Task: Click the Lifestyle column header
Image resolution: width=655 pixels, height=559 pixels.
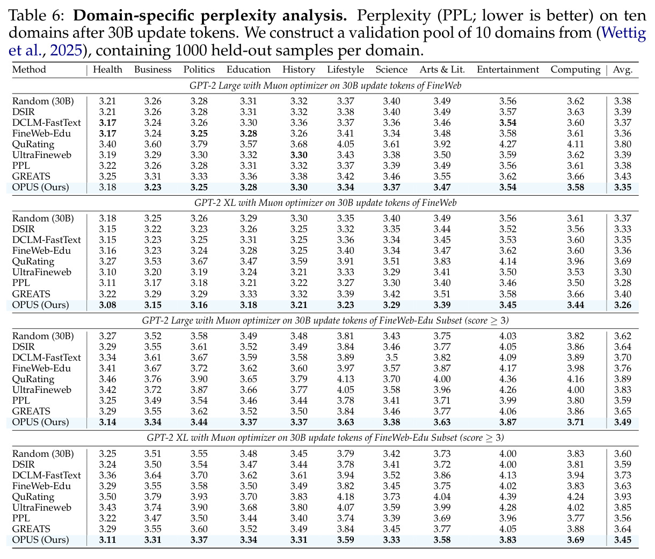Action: [x=345, y=69]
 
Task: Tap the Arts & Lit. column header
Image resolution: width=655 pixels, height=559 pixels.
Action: [x=442, y=69]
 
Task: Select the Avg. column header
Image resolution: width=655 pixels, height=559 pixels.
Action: [x=623, y=69]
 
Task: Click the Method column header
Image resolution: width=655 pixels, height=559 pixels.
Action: [x=29, y=69]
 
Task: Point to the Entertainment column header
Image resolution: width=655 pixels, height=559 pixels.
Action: [x=508, y=69]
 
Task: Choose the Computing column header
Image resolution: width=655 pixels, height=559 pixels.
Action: [x=576, y=69]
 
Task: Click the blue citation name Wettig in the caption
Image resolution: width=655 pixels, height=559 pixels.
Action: [x=623, y=33]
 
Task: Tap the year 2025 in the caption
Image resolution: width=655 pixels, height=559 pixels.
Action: [x=66, y=51]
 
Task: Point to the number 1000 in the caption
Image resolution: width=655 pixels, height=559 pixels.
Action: [x=191, y=51]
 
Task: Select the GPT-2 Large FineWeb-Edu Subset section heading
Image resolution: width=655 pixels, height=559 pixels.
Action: [x=325, y=320]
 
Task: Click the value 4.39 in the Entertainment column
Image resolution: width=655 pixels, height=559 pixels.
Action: [x=508, y=497]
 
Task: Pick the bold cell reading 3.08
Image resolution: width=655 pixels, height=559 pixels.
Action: [x=107, y=305]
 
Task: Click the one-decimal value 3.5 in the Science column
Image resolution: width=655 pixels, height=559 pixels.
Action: [x=391, y=357]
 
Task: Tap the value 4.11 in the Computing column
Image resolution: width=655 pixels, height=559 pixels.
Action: [x=576, y=145]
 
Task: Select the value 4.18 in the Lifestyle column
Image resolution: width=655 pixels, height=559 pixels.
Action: [x=345, y=497]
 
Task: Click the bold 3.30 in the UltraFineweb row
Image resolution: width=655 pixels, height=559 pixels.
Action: [x=299, y=155]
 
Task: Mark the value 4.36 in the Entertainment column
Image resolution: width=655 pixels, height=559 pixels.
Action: [x=508, y=379]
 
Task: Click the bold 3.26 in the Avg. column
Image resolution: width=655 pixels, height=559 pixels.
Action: [x=623, y=305]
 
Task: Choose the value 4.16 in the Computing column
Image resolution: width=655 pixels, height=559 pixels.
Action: [x=576, y=379]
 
